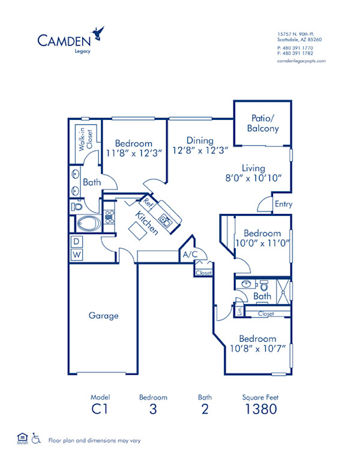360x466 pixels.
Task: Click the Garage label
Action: [x=104, y=315]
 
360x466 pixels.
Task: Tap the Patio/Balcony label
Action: [x=263, y=124]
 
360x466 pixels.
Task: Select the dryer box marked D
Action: [x=76, y=242]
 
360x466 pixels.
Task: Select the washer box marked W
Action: [x=76, y=255]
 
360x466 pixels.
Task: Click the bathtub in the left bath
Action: [x=89, y=223]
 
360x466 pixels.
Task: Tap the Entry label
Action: [x=283, y=205]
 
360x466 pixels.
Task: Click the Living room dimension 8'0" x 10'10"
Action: [x=254, y=179]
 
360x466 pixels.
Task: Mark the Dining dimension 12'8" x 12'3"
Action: [x=199, y=151]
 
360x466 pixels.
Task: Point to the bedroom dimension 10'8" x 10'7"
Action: [x=257, y=348]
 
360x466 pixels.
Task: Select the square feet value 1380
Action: [x=260, y=410]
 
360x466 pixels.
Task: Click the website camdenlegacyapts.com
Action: [x=301, y=61]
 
